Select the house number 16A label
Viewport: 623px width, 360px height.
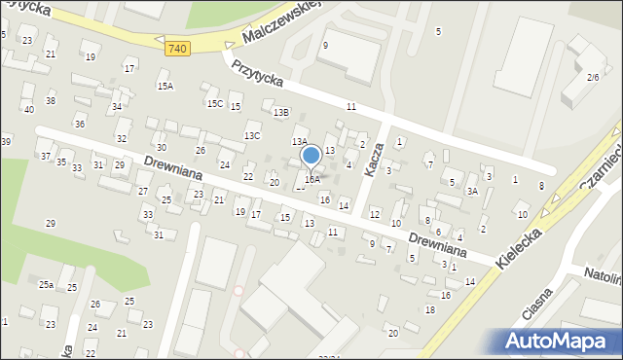(x=311, y=179)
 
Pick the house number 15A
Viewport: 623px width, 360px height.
(x=165, y=87)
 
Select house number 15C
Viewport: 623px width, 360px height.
(x=214, y=103)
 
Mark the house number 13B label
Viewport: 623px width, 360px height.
(x=280, y=113)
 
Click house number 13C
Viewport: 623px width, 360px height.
(x=252, y=135)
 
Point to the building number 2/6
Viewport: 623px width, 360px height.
(x=592, y=77)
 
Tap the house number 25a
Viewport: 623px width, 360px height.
(x=46, y=285)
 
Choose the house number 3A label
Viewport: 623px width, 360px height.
(x=472, y=191)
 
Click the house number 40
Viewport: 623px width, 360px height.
(x=29, y=109)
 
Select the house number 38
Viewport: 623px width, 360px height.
(x=51, y=101)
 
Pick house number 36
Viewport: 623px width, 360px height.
(x=80, y=124)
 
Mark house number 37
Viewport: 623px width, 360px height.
(x=45, y=156)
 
